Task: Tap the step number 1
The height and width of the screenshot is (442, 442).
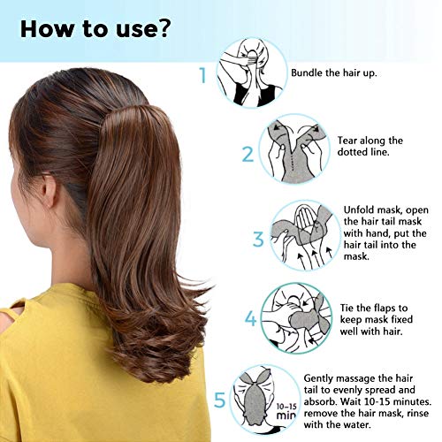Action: (204, 75)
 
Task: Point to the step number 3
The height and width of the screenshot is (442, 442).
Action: (258, 239)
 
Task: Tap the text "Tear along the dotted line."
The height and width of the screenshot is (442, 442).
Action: (370, 147)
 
